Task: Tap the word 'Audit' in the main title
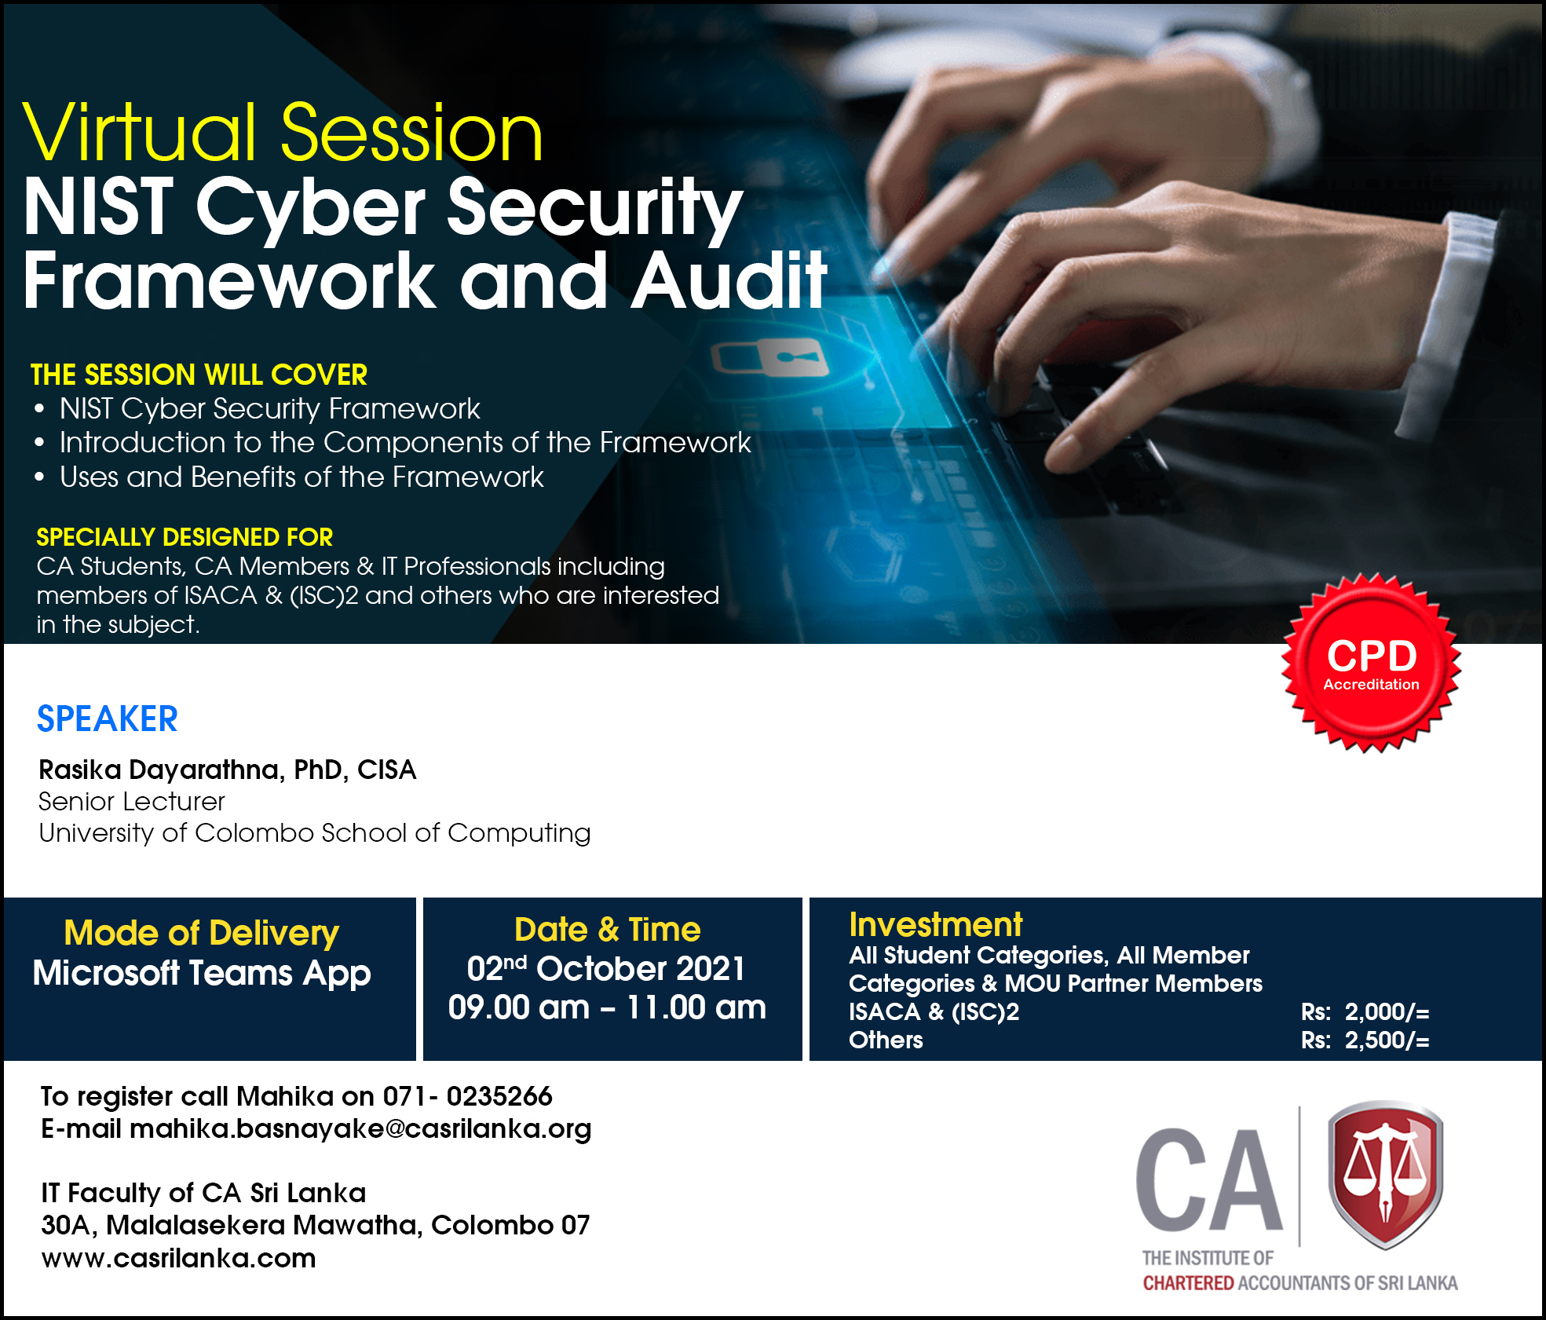(x=729, y=280)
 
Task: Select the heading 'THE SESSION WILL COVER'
(x=199, y=375)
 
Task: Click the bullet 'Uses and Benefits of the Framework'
(x=302, y=477)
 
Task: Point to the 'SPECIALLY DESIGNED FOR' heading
(x=185, y=537)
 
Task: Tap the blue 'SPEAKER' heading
(x=108, y=719)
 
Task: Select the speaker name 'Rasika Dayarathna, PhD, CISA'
(x=228, y=770)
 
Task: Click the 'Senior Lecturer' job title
(x=132, y=802)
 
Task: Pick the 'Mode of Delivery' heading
(x=201, y=933)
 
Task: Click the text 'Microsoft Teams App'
(x=202, y=974)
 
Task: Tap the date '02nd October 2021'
(x=606, y=968)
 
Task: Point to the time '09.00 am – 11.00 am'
(x=607, y=1007)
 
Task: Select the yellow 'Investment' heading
(x=935, y=925)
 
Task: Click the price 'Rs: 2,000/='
(x=1365, y=1012)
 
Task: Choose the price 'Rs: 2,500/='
(x=1365, y=1040)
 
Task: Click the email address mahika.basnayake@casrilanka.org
(x=360, y=1129)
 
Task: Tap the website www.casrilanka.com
(x=178, y=1258)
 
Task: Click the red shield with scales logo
(x=1386, y=1174)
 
